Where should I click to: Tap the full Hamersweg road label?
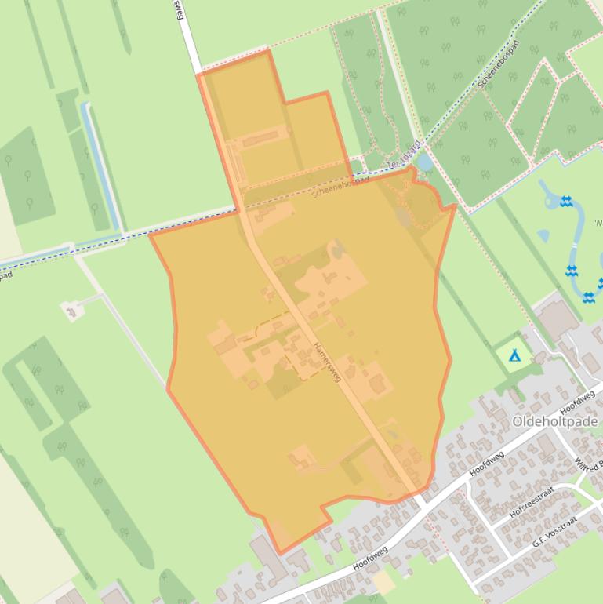(327, 362)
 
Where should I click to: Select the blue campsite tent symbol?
(514, 356)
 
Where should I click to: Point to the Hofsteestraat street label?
(532, 501)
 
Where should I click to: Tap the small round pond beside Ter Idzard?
(424, 162)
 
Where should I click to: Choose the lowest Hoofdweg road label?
(371, 562)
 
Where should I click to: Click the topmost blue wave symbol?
(566, 202)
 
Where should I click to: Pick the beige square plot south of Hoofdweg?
(383, 582)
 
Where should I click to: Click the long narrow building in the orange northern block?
(260, 140)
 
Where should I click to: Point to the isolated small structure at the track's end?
(74, 311)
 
